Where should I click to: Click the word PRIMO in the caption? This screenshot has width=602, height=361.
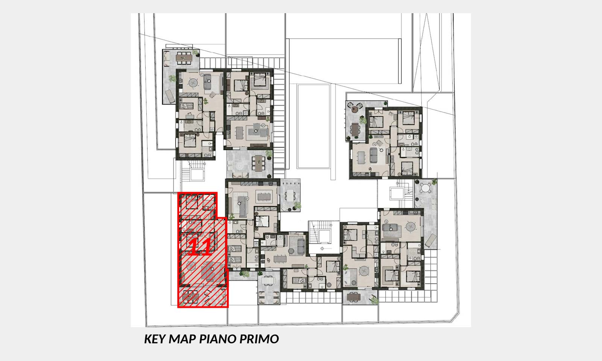click(x=259, y=339)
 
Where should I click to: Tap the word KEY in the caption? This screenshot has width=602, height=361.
click(x=155, y=339)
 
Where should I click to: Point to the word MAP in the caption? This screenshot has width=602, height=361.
click(x=182, y=339)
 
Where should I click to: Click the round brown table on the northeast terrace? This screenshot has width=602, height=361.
click(x=356, y=109)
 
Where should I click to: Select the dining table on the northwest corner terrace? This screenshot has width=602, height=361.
click(x=184, y=58)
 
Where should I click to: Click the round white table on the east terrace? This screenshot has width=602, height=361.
click(x=426, y=188)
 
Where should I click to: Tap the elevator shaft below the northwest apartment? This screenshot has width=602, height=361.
click(x=198, y=174)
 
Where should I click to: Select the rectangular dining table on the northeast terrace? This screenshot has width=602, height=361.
click(x=355, y=130)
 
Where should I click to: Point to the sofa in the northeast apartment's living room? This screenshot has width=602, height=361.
click(x=374, y=155)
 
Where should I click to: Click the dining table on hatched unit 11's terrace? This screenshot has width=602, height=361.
click(x=190, y=297)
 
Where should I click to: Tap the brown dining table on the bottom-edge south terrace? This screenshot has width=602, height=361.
click(x=353, y=297)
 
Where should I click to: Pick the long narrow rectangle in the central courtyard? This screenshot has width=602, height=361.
click(x=314, y=126)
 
